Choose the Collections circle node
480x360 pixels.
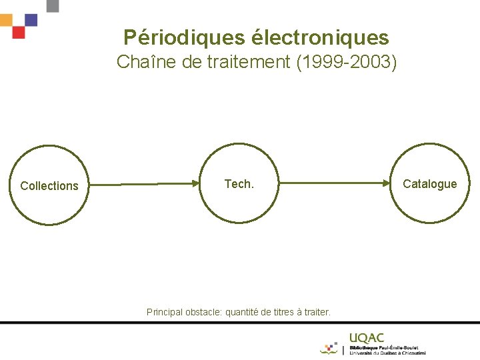click(x=49, y=185)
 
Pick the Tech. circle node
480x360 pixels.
click(x=239, y=183)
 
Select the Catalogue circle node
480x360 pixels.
click(x=430, y=183)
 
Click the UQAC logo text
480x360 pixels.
click(x=367, y=339)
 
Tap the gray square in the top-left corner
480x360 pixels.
click(x=53, y=5)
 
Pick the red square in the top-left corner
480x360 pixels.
click(x=19, y=32)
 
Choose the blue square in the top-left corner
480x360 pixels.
click(x=31, y=19)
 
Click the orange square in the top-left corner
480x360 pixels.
click(x=6, y=19)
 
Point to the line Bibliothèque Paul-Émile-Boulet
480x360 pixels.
click(x=387, y=347)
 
